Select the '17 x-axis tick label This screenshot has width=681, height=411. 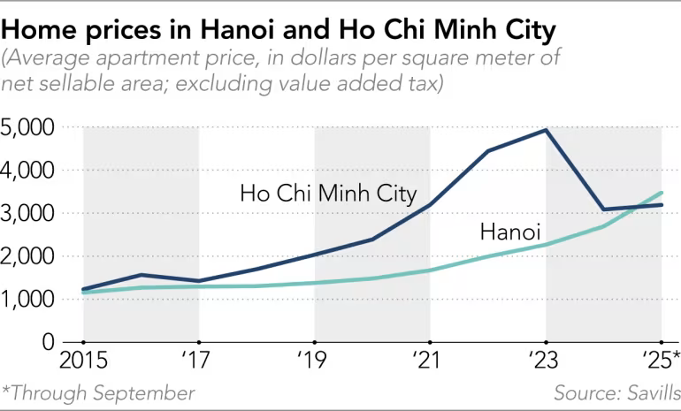[198, 361]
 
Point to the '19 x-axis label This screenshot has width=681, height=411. [315, 361]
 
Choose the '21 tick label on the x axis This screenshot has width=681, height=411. [430, 361]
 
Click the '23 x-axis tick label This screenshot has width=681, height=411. [546, 361]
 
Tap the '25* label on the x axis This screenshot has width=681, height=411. [659, 361]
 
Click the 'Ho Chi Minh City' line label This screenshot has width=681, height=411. [328, 194]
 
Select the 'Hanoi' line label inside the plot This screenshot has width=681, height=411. [510, 232]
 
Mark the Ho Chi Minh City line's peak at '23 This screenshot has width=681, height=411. [547, 130]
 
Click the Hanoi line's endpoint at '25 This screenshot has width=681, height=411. [662, 193]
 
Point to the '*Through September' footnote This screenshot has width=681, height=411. [98, 392]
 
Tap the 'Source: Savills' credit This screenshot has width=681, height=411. [616, 392]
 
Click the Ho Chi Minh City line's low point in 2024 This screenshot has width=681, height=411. [604, 209]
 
